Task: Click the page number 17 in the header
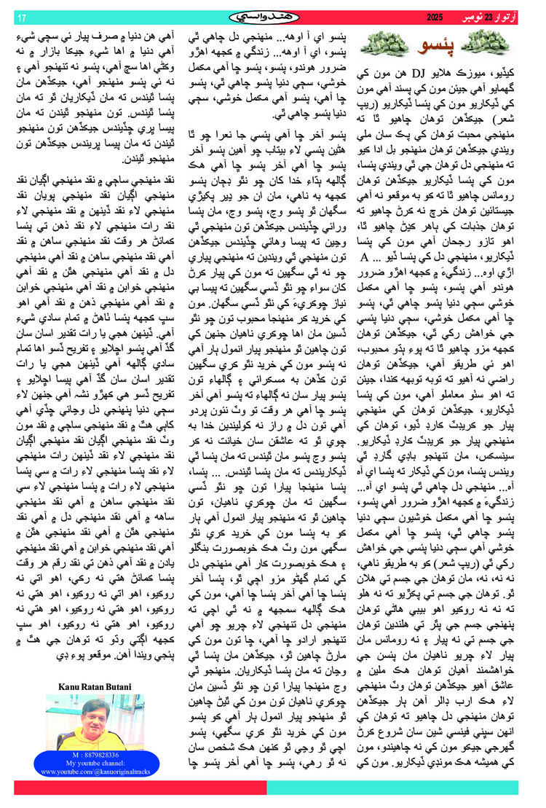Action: tap(21, 17)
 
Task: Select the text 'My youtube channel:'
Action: tap(93, 763)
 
